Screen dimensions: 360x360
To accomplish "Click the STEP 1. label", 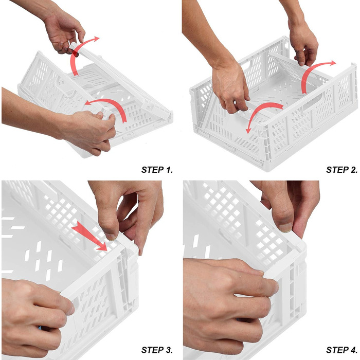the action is pos(157,170).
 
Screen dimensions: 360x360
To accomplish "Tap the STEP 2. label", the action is pos(341,170).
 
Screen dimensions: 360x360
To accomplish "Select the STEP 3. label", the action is pos(157,350).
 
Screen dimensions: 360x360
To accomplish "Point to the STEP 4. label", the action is pos(341,350).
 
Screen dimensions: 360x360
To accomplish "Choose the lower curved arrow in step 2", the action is pos(259,110).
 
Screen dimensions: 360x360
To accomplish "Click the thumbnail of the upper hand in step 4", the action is pos(285,227).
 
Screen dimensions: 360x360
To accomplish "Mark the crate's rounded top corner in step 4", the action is pos(301,246).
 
